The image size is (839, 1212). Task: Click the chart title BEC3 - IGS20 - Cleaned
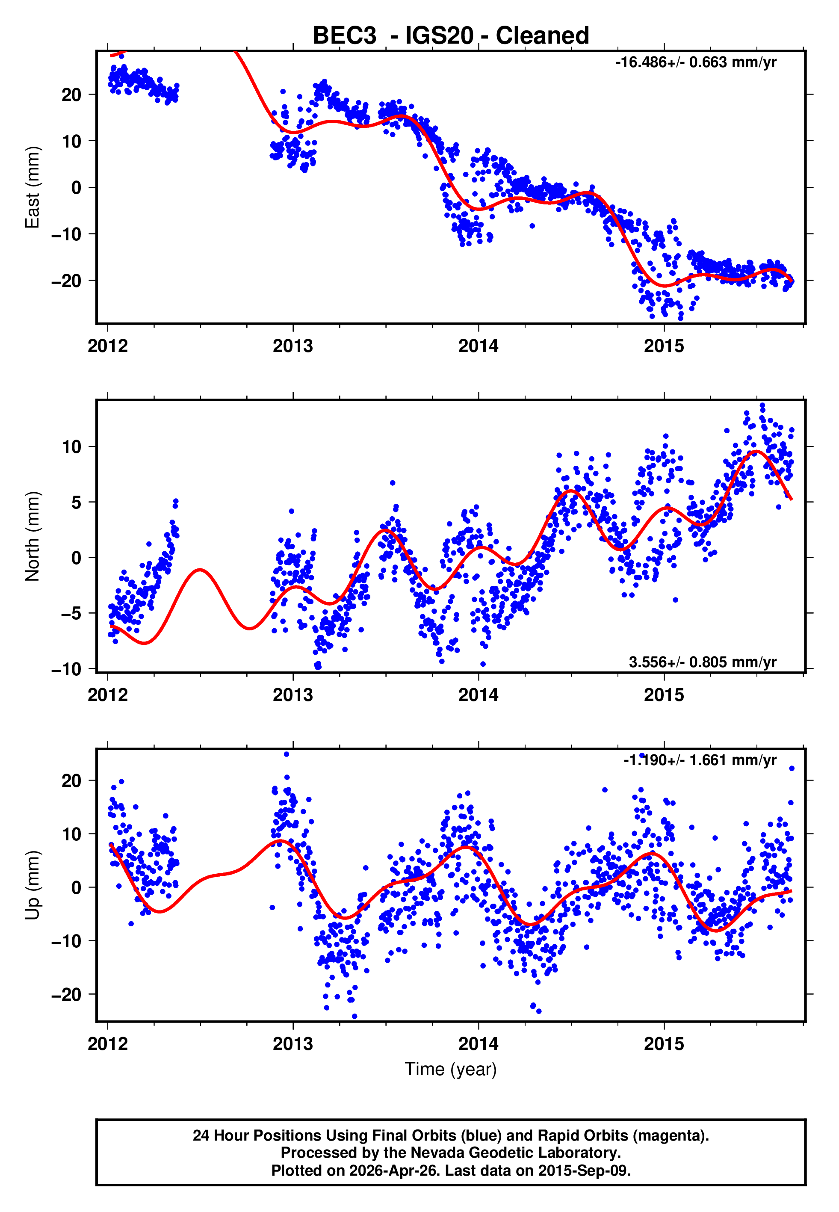pos(451,36)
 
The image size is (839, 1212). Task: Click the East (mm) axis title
pos(32,187)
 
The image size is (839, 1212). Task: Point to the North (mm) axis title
pos(32,536)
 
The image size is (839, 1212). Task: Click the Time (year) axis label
pos(451,1069)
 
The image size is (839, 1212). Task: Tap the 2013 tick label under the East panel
pos(292,346)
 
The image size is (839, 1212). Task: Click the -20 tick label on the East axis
pos(66,281)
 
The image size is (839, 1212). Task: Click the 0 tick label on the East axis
pos(76,188)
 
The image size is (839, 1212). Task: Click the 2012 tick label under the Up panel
pos(107,1044)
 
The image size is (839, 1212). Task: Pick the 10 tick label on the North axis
pos(71,447)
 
